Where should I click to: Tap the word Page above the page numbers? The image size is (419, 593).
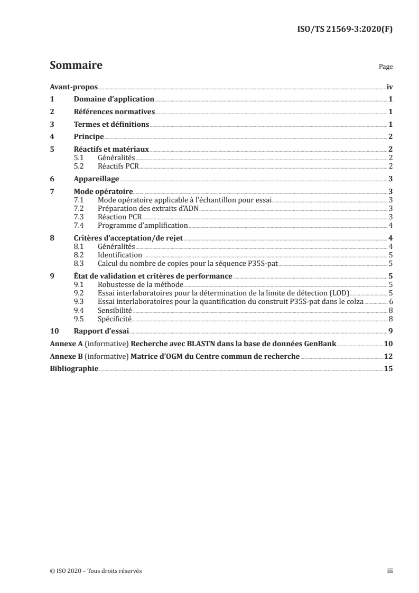click(386, 67)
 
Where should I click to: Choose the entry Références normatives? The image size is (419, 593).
click(114, 112)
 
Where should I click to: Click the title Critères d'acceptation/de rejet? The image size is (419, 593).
click(127, 238)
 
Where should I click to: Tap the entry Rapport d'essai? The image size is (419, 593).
click(99, 331)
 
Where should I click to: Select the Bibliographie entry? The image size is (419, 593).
click(73, 369)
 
